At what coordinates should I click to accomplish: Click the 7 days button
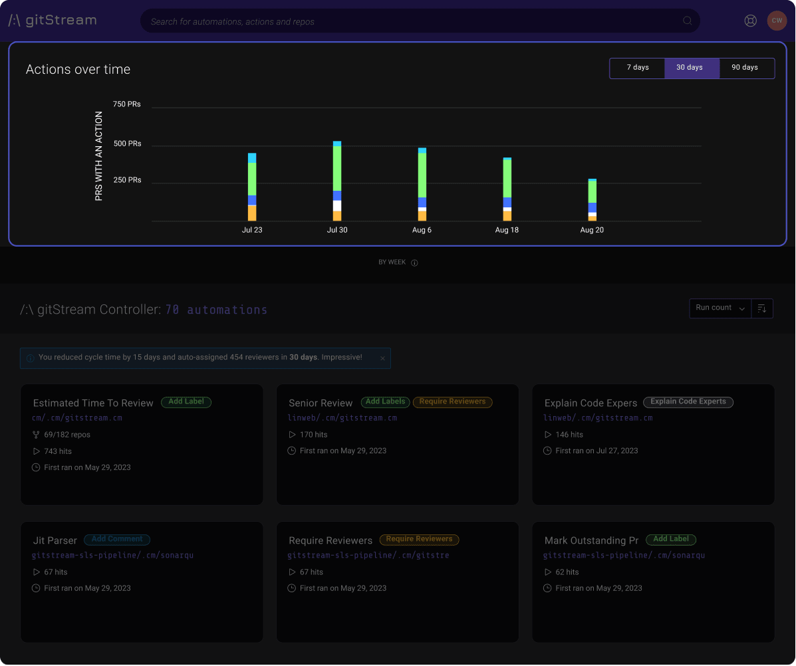[x=637, y=68]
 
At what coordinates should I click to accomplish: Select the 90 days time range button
[x=745, y=68]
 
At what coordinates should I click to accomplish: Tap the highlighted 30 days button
[x=690, y=68]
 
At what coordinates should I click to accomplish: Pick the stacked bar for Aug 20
[x=592, y=199]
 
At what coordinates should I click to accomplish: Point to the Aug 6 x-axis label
[x=422, y=230]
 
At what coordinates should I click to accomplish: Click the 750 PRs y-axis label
[x=126, y=104]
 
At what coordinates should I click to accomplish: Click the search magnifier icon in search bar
[x=688, y=21]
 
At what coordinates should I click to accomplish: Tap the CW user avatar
[x=777, y=21]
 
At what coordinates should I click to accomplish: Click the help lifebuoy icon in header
[x=751, y=21]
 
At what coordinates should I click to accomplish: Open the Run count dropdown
[x=720, y=308]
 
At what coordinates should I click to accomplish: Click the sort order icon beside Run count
[x=762, y=308]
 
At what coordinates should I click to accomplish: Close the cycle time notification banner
[x=382, y=358]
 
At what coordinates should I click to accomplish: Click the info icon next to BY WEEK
[x=414, y=263]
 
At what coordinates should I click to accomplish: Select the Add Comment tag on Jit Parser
[x=117, y=540]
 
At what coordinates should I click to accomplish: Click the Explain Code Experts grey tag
[x=688, y=402]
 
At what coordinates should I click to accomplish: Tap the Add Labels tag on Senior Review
[x=386, y=402]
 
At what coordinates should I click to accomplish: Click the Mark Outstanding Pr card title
[x=591, y=540]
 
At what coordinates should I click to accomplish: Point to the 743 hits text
[x=58, y=451]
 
